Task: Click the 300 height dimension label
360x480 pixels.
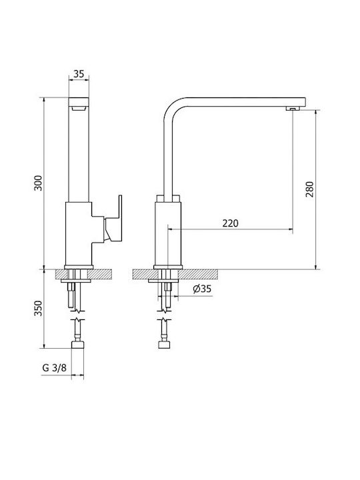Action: point(38,183)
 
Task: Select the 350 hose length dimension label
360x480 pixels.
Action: point(38,308)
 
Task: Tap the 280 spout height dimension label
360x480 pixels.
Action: point(310,189)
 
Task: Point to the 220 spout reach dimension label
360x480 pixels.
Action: point(230,223)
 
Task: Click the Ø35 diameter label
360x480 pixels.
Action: point(203,289)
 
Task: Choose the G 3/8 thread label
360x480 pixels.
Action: point(54,367)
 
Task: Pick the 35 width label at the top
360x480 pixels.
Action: point(79,74)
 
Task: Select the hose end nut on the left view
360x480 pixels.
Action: point(77,345)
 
